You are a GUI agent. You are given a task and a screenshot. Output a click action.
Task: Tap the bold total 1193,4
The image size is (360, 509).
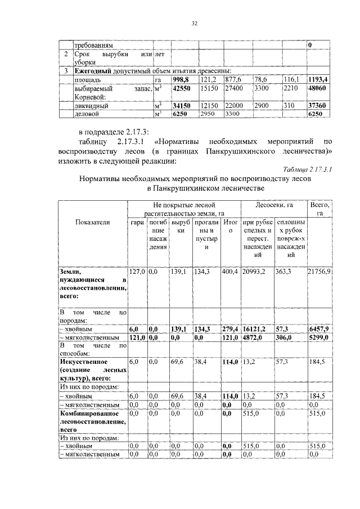[318, 80]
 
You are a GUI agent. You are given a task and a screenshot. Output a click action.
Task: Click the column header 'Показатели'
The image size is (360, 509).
[92, 222]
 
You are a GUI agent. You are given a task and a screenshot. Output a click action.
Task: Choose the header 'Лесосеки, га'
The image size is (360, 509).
[274, 206]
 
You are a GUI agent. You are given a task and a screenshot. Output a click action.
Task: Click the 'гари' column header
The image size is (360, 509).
[137, 222]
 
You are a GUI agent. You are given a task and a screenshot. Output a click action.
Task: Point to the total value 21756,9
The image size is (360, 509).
[319, 272]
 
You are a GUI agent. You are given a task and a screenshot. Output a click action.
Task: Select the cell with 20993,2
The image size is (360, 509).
[254, 272]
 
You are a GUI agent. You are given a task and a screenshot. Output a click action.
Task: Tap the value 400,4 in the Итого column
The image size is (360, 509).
[229, 272]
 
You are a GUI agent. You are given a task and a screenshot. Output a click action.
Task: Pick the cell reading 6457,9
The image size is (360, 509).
[318, 328]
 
